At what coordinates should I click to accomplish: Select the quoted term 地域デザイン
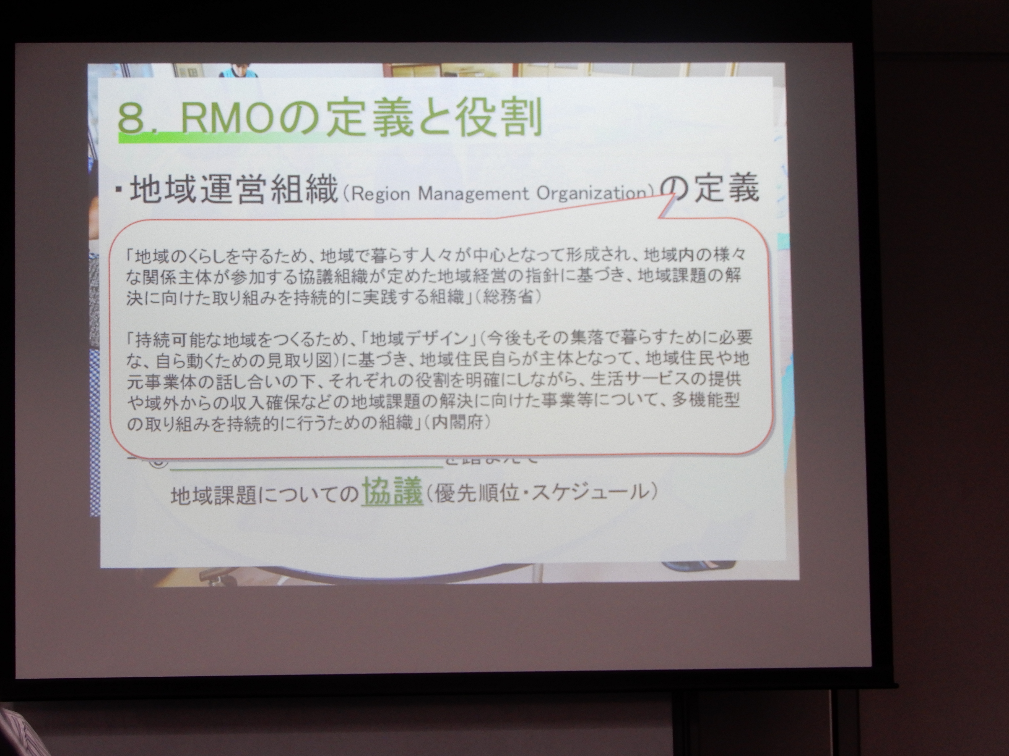click(420, 338)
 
